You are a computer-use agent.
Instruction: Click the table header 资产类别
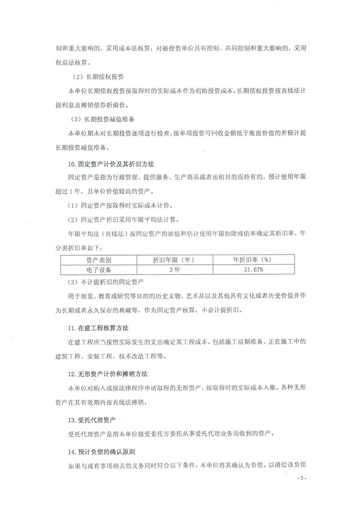point(98,260)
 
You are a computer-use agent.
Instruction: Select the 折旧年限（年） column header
point(174,260)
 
